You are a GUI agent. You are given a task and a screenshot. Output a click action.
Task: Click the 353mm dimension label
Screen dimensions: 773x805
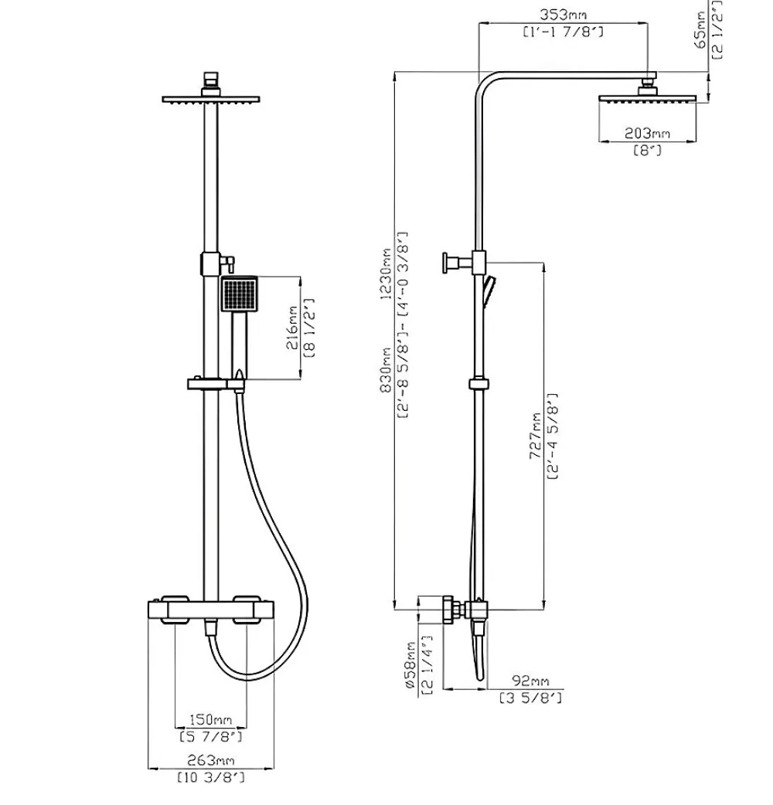point(563,15)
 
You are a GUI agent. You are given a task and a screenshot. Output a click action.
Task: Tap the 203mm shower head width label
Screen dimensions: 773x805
point(647,134)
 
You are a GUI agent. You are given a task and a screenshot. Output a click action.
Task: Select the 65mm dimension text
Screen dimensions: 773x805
point(700,30)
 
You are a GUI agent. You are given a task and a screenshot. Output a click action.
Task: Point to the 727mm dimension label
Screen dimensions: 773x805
point(536,436)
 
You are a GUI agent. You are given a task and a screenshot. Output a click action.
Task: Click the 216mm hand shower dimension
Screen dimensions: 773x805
point(291,328)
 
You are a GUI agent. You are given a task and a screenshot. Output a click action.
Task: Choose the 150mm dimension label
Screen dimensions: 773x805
point(210,719)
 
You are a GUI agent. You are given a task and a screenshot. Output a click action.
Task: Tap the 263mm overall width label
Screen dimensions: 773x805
point(210,759)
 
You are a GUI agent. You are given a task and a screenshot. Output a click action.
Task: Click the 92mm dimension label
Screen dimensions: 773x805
point(530,681)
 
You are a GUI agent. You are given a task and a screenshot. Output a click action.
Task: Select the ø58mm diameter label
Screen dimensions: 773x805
point(410,665)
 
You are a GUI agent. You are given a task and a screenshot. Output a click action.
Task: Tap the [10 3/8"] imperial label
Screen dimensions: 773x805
point(211,776)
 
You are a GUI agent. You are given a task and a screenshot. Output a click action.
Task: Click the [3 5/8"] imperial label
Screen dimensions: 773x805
point(530,698)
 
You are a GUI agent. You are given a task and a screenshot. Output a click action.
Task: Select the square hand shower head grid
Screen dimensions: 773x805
point(240,294)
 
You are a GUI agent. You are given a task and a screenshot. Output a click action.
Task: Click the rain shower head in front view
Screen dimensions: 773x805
point(211,100)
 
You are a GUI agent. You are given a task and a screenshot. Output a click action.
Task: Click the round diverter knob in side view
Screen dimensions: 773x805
point(445,263)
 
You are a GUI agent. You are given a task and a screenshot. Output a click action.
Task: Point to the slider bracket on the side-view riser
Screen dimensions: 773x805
point(478,383)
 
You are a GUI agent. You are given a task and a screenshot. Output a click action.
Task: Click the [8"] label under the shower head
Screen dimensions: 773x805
point(647,151)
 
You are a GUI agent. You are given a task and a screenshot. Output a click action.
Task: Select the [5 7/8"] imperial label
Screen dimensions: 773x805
point(210,737)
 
